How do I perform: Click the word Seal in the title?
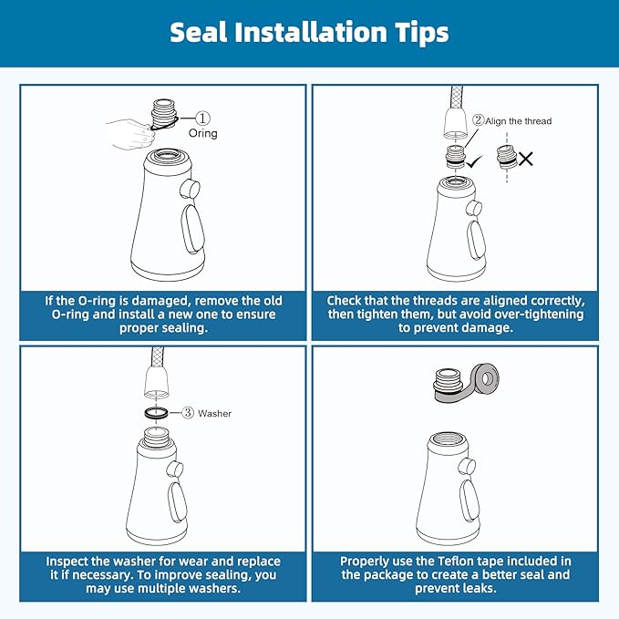pos(199,32)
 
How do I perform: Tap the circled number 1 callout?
pos(203,118)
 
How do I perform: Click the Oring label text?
pos(203,133)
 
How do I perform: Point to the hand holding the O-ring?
pos(131,134)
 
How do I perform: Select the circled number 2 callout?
pos(478,120)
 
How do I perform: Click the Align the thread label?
pos(519,121)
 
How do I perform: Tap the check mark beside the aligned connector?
pos(474,161)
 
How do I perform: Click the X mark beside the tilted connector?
pos(526,160)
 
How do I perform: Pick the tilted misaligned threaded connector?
pos(507,157)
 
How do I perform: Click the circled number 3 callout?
pos(188,413)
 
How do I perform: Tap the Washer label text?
pos(214,413)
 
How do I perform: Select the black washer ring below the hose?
pos(156,413)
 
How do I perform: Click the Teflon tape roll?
pos(486,379)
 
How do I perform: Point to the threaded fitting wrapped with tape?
pos(448,384)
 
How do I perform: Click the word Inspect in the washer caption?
pos(66,562)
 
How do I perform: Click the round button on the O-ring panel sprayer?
pos(190,189)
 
